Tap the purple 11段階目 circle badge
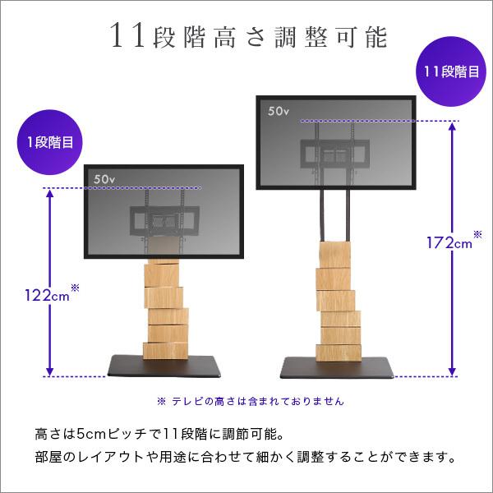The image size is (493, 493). [451, 71]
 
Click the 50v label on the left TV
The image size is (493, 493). [106, 177]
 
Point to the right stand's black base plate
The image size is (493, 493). [339, 366]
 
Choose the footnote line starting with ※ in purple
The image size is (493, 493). [250, 402]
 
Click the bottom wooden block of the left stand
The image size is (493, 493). [164, 351]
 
